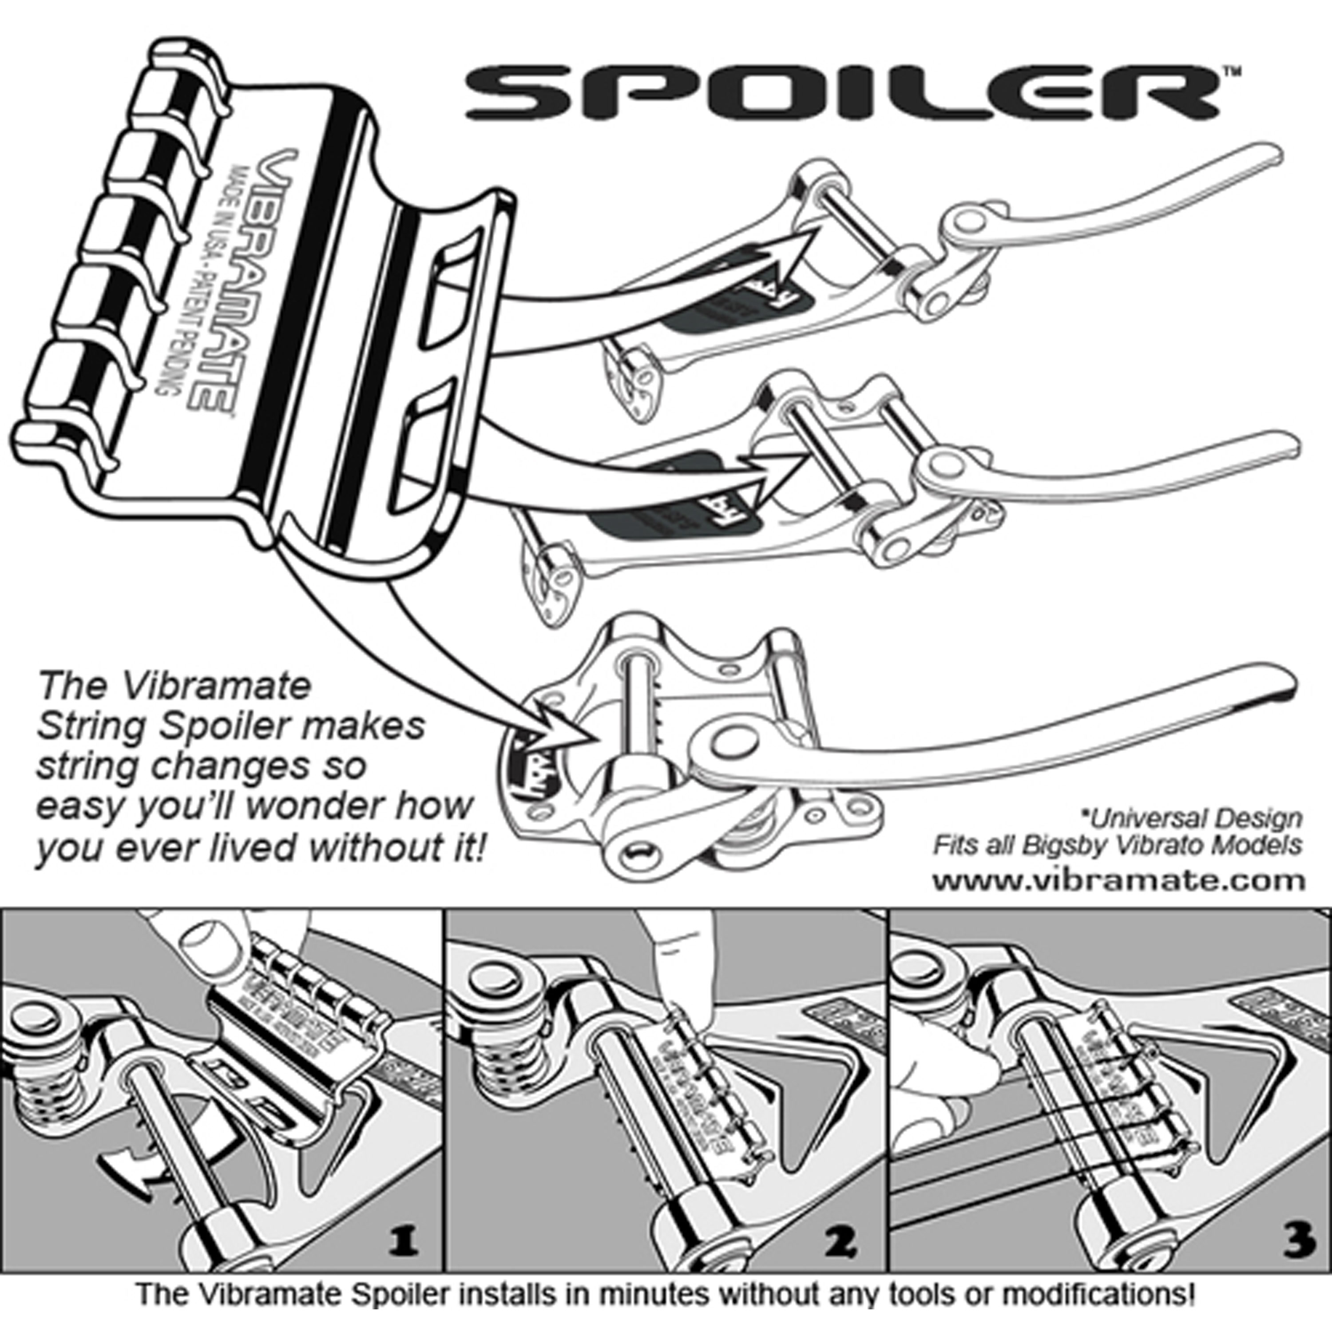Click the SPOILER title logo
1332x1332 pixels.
(x=844, y=93)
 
